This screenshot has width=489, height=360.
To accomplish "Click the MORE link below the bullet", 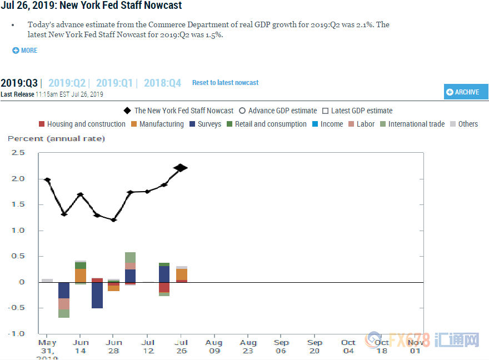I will pos(25,51).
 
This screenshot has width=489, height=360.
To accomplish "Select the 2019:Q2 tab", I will pos(67,83).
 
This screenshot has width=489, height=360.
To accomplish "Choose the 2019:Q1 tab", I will pos(114,83).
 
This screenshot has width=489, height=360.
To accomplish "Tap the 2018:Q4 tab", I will pos(162,83).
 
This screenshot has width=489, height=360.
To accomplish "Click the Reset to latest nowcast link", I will pos(225,83).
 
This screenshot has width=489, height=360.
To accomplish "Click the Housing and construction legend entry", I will pos(82,124).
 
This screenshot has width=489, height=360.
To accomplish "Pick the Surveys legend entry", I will pos(205,124).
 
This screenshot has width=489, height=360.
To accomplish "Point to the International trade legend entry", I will pos(412,124).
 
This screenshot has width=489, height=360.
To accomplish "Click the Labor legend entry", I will pos(361,124).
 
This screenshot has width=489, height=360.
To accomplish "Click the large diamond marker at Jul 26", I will pos(180,168).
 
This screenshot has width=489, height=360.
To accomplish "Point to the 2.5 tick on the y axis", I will pos(19,153).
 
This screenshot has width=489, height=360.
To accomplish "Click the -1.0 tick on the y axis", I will pos(18,333).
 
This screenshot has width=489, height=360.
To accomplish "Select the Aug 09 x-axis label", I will pos(214,346).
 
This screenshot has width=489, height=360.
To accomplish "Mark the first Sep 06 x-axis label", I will pos(281,346).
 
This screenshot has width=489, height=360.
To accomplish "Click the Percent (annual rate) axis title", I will pos(56,138).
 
